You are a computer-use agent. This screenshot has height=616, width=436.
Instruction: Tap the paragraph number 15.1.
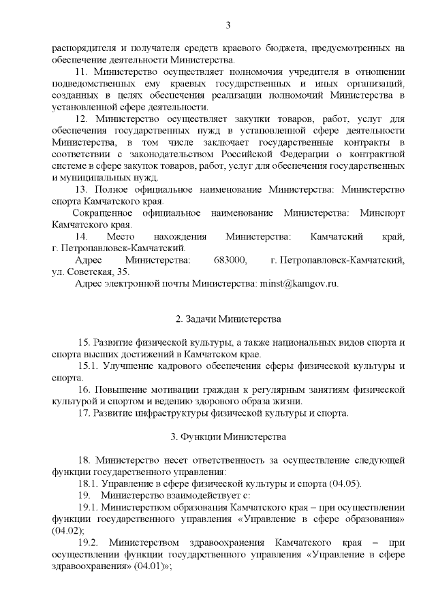coord(89,366)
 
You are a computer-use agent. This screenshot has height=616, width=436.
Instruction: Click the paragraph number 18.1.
coord(89,483)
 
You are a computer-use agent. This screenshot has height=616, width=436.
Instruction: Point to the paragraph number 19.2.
coord(89,542)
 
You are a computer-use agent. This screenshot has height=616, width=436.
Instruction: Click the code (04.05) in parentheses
coord(344,483)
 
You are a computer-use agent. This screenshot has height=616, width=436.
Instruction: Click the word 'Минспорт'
coord(381,213)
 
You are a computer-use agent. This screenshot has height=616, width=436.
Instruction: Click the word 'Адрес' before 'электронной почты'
coord(89,284)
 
